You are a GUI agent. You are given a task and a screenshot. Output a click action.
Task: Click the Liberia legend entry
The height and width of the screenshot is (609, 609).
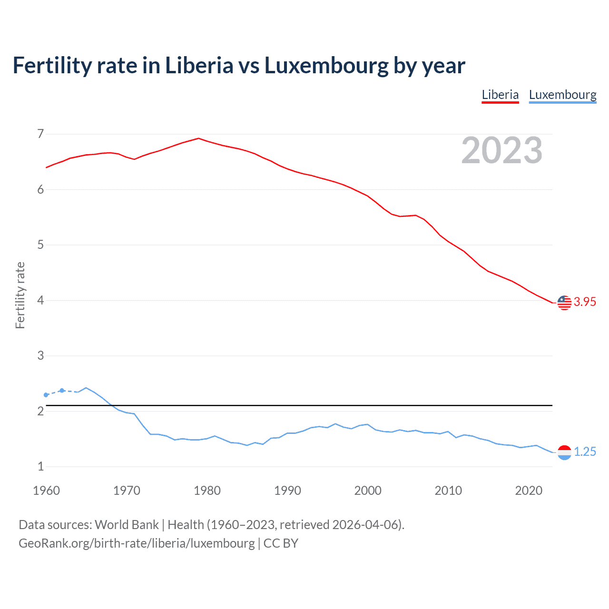[x=500, y=95]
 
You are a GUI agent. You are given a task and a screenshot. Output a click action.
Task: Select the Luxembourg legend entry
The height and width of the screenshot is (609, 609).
[x=562, y=95]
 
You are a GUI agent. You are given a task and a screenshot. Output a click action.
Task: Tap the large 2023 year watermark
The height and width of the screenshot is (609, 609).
[x=501, y=150]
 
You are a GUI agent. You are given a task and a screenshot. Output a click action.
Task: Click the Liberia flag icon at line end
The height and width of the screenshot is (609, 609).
[x=564, y=302]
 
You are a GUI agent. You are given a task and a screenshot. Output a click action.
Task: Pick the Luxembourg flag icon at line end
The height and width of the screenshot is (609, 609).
[x=564, y=452]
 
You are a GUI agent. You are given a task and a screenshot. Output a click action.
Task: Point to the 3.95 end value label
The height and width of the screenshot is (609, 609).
[x=585, y=302]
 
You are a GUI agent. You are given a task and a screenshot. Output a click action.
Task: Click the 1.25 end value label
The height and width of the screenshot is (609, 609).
[x=585, y=452]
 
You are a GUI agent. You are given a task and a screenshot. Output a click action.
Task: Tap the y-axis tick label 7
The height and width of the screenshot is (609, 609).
[x=40, y=134]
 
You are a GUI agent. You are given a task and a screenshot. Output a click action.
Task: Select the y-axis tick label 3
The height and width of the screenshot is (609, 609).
[x=40, y=356]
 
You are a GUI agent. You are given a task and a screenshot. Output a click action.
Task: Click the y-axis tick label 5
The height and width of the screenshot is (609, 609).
[x=40, y=245]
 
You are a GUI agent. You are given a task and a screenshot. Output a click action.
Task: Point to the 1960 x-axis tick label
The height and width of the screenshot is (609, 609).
[x=46, y=491]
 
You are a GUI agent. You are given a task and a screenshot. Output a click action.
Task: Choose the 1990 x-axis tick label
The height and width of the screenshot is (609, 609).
[x=287, y=491]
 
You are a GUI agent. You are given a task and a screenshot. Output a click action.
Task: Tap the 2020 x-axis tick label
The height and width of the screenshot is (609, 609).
[x=529, y=491]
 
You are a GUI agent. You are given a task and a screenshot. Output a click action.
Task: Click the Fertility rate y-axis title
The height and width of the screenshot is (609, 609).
[x=20, y=295]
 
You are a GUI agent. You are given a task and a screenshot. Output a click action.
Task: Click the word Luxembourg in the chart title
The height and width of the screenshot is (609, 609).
[x=326, y=66]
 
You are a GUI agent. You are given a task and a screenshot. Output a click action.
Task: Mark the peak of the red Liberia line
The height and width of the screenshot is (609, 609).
[x=198, y=138]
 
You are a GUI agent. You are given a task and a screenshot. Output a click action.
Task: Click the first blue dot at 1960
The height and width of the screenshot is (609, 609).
[x=46, y=395]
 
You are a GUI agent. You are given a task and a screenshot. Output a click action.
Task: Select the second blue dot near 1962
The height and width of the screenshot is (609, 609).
[x=62, y=391]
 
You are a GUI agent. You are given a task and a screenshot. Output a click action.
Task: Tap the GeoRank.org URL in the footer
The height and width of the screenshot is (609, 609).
[x=137, y=543]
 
